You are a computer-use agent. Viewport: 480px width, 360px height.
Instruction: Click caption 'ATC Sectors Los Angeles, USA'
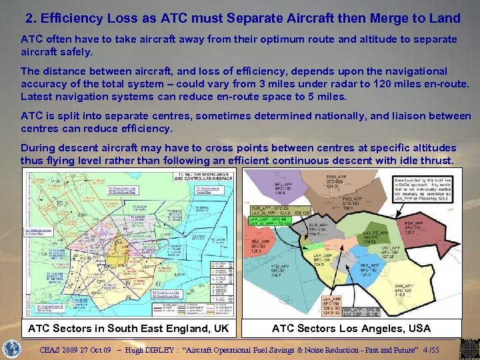tap(351, 328)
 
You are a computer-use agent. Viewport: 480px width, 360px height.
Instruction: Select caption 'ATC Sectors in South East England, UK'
tap(128, 328)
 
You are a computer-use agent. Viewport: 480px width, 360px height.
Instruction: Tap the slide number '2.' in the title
tap(31, 18)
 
